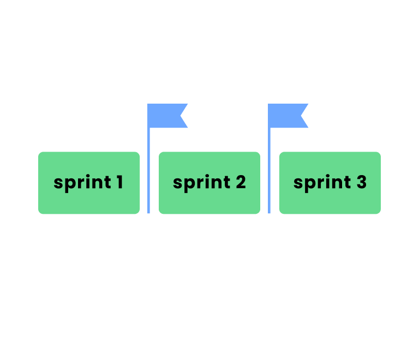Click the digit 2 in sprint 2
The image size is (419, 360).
[x=240, y=182]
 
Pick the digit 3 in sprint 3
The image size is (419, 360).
[x=361, y=182]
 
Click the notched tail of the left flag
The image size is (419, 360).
[x=184, y=116]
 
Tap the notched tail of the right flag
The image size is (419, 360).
[x=305, y=116]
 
